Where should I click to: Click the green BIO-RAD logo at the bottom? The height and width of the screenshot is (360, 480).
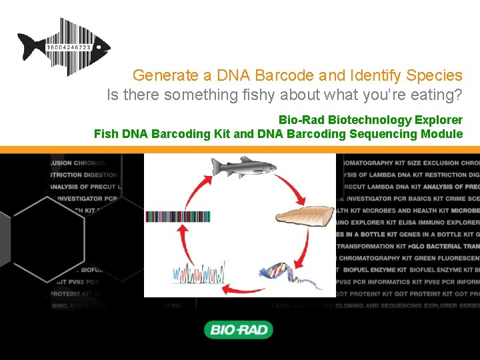[239, 329]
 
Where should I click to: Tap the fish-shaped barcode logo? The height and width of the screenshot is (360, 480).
[64, 47]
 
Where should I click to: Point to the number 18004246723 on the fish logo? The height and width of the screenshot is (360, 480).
[69, 49]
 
